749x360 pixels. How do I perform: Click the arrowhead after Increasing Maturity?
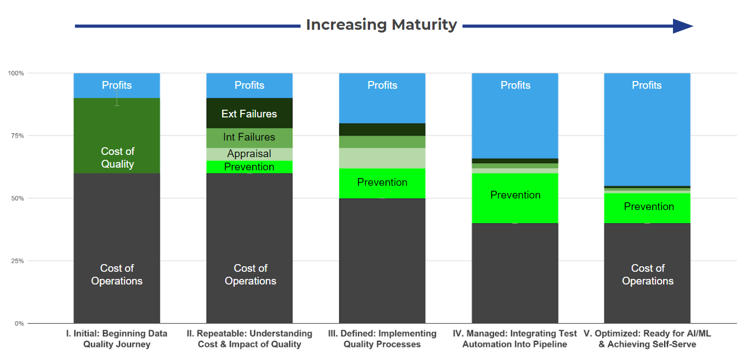click(x=683, y=26)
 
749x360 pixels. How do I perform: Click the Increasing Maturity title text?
click(x=381, y=25)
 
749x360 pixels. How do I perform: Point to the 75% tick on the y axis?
click(x=15, y=136)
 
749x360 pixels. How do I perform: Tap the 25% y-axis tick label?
click(x=15, y=261)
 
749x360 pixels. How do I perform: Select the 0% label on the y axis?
click(x=18, y=324)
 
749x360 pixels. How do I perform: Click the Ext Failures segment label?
click(x=249, y=114)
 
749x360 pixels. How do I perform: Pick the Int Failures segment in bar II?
click(x=249, y=137)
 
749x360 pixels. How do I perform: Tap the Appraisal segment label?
click(x=249, y=154)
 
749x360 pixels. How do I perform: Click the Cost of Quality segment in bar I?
click(x=117, y=158)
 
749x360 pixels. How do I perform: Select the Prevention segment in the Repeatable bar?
click(x=249, y=167)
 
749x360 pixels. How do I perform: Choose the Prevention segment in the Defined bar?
click(x=382, y=182)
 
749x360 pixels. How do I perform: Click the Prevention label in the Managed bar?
click(x=515, y=195)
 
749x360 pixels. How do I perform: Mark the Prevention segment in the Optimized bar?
click(x=648, y=207)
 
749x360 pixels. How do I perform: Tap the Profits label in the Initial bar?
click(x=117, y=85)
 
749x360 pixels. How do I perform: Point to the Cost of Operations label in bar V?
click(x=648, y=275)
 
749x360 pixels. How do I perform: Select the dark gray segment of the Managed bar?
click(x=515, y=273)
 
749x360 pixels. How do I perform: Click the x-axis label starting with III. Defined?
click(x=382, y=339)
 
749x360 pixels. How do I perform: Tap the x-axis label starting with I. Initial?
click(x=117, y=339)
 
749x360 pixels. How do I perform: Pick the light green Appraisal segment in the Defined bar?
click(x=382, y=158)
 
